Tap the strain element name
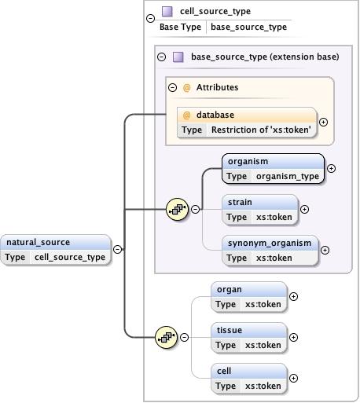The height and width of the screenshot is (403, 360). (240, 202)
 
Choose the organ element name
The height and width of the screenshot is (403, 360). (229, 289)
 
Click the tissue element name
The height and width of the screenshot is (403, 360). (230, 331)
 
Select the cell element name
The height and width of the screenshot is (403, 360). (224, 371)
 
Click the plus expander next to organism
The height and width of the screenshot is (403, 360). (331, 168)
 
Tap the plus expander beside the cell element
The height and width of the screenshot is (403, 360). (294, 378)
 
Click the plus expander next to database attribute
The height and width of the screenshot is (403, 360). (323, 123)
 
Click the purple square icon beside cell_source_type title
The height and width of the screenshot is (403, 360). (167, 11)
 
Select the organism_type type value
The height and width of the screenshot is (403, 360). (288, 176)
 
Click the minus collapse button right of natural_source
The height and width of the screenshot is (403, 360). (117, 249)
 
